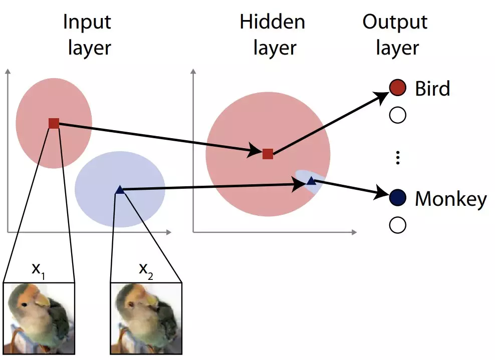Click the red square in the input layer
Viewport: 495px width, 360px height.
[x=54, y=123]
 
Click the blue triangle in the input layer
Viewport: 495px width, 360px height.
[x=119, y=190]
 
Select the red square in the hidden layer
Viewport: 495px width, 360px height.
[x=268, y=154]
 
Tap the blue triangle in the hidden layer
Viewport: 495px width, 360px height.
[x=311, y=181]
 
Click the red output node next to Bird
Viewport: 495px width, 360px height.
[x=397, y=88]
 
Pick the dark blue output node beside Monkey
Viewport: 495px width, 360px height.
[x=397, y=198]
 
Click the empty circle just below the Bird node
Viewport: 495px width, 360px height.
[x=397, y=116]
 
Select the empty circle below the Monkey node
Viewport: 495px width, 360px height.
[x=397, y=225]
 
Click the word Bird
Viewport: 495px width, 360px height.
[x=433, y=89]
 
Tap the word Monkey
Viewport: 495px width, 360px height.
[x=450, y=199]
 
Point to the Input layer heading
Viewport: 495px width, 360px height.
[x=87, y=35]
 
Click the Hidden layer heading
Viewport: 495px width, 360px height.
[x=273, y=35]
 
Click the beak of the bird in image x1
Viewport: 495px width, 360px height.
[x=42, y=300]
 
